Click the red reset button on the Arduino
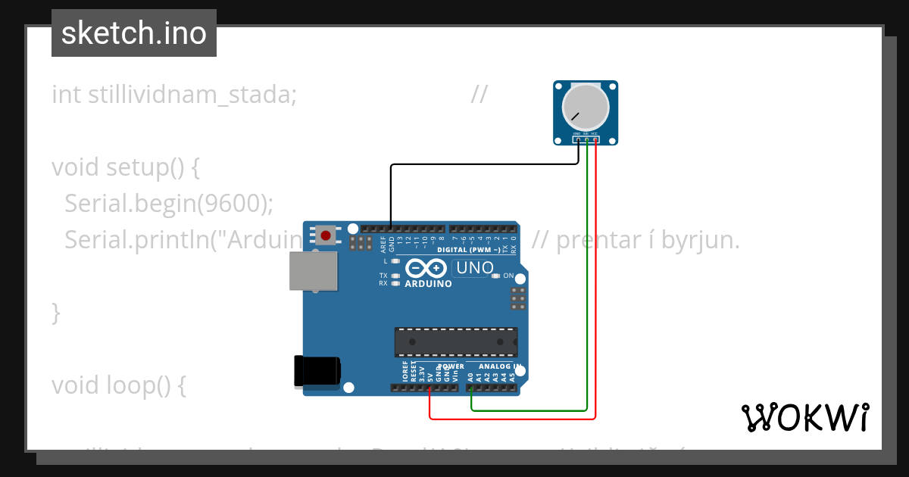click(x=326, y=235)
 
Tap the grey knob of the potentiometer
click(x=585, y=108)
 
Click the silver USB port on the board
click(x=313, y=270)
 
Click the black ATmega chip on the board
click(x=455, y=341)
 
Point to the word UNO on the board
click(x=474, y=268)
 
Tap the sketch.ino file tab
click(x=134, y=33)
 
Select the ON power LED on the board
click(x=496, y=276)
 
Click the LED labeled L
click(x=395, y=260)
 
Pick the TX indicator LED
click(x=395, y=275)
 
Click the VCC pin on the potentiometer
click(x=595, y=134)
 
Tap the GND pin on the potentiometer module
click(x=577, y=134)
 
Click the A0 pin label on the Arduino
click(x=470, y=375)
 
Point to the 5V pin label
click(x=430, y=375)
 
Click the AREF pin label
click(x=383, y=244)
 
